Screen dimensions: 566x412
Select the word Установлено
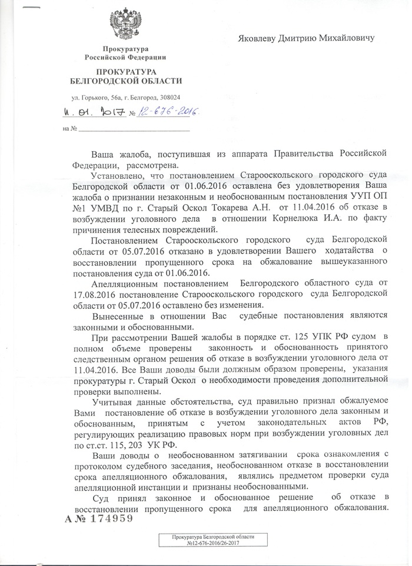pos(120,175)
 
